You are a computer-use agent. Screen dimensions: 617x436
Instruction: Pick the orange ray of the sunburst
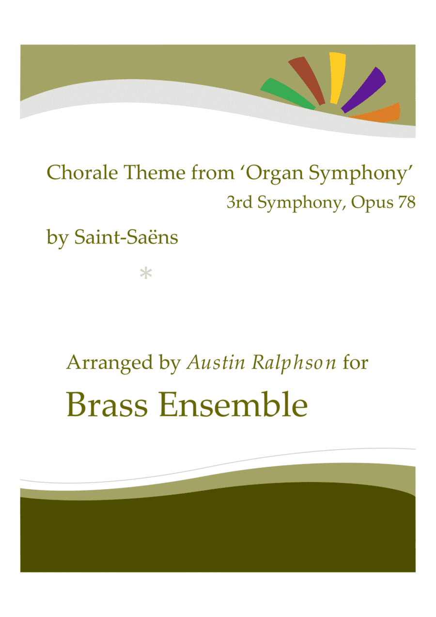click(380, 112)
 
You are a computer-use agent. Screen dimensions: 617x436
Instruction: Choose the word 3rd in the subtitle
click(238, 202)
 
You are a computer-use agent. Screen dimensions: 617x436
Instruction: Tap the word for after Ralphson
click(355, 362)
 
